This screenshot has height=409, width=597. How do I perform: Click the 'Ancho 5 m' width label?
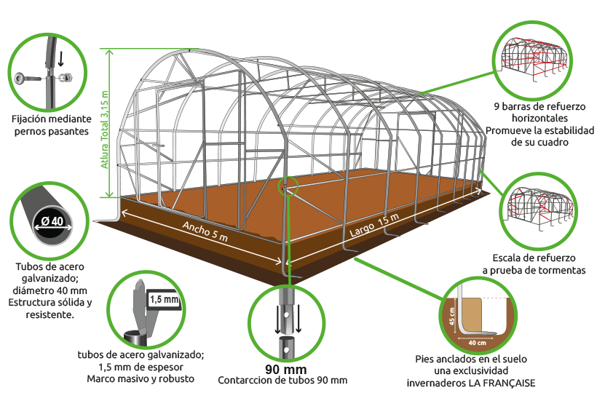pyautogui.click(x=205, y=231)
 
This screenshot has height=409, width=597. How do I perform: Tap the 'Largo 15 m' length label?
pyautogui.click(x=374, y=224)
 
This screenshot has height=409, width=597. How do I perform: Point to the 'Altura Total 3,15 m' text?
pyautogui.click(x=105, y=130)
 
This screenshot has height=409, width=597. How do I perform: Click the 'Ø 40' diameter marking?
pyautogui.click(x=52, y=221)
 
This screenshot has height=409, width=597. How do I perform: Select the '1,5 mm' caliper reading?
pyautogui.click(x=164, y=299)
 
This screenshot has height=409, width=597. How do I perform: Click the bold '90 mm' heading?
pyautogui.click(x=286, y=369)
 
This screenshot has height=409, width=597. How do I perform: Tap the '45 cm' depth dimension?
pyautogui.click(x=452, y=316)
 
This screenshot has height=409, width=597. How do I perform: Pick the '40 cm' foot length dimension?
pyautogui.click(x=477, y=343)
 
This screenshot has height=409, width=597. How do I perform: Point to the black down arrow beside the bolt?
pyautogui.click(x=60, y=59)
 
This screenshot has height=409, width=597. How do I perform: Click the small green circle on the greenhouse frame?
pyautogui.click(x=288, y=186)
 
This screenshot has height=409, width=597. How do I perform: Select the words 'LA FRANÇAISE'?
pyautogui.click(x=502, y=383)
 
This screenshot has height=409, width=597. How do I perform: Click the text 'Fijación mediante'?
pyautogui.click(x=52, y=119)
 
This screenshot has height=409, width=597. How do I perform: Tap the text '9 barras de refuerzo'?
pyautogui.click(x=539, y=106)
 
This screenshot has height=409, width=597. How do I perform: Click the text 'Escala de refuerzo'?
pyautogui.click(x=534, y=258)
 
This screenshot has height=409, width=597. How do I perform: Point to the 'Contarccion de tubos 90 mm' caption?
pyautogui.click(x=282, y=380)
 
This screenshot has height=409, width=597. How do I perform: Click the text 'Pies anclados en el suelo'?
pyautogui.click(x=471, y=359)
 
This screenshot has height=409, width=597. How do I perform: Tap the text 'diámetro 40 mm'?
pyautogui.click(x=50, y=290)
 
